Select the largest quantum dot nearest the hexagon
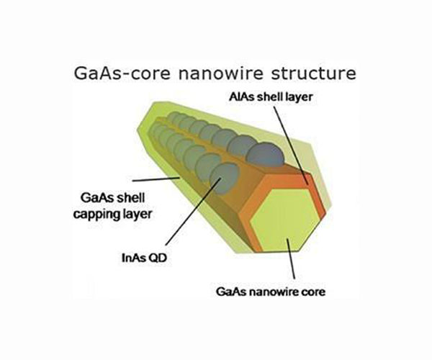click(x=265, y=152)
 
